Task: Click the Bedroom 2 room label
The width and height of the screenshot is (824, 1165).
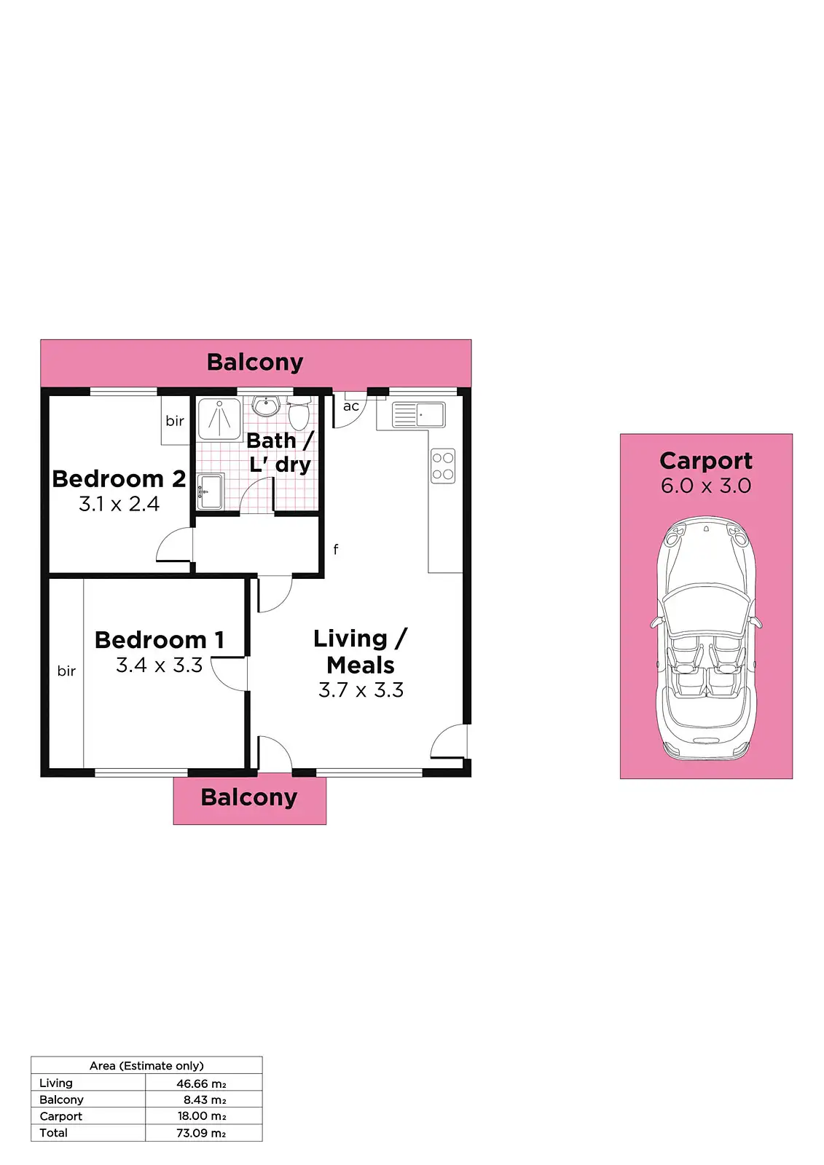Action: pyautogui.click(x=119, y=479)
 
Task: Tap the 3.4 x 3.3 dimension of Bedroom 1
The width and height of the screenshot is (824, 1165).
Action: pyautogui.click(x=159, y=666)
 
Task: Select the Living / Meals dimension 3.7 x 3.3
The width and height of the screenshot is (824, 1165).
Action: pyautogui.click(x=361, y=690)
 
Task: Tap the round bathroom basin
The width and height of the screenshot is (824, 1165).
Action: pyautogui.click(x=267, y=406)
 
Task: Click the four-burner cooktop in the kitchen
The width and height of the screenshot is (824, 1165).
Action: pyautogui.click(x=443, y=466)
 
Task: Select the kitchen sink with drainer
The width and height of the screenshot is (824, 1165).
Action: pyautogui.click(x=418, y=415)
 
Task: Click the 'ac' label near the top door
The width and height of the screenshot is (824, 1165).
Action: pyautogui.click(x=351, y=407)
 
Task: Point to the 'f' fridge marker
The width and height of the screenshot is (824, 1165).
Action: pyautogui.click(x=335, y=550)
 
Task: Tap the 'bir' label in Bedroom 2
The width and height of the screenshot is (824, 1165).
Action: pyautogui.click(x=175, y=421)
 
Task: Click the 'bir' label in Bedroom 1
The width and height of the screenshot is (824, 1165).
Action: pyautogui.click(x=66, y=671)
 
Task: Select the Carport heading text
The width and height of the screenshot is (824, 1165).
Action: pyautogui.click(x=705, y=461)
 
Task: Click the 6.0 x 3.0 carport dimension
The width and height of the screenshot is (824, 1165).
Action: pyautogui.click(x=705, y=486)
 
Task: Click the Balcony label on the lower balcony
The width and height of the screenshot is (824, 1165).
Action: pyautogui.click(x=249, y=798)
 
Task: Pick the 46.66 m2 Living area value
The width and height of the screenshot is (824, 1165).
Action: pyautogui.click(x=201, y=1083)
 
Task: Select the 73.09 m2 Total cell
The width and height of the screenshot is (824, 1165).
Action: pyautogui.click(x=201, y=1133)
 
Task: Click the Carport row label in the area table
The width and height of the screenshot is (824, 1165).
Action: pyautogui.click(x=61, y=1116)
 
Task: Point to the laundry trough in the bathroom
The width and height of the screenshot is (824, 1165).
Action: pyautogui.click(x=210, y=491)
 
